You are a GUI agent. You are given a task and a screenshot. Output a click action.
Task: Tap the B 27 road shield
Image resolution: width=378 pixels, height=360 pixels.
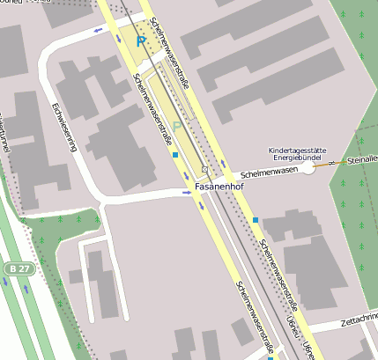14,268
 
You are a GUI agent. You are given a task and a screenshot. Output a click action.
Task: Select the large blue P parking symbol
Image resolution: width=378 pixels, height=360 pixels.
140,40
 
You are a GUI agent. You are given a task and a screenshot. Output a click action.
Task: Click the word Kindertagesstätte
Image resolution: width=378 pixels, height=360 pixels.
299,151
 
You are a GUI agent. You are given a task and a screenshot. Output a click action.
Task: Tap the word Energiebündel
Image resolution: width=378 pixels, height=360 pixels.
300,160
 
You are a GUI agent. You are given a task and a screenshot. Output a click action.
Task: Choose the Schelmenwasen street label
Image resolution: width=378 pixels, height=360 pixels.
269,173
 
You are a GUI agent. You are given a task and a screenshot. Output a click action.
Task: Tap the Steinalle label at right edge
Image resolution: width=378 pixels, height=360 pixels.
362,160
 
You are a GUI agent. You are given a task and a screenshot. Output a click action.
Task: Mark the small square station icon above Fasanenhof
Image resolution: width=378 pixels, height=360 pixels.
204,169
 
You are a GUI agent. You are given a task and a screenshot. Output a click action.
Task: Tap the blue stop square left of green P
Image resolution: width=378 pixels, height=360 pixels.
175,155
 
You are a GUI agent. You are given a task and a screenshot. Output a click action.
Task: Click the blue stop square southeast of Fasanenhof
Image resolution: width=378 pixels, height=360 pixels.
256,219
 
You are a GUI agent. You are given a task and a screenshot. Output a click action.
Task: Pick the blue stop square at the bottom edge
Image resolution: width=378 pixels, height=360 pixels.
270,358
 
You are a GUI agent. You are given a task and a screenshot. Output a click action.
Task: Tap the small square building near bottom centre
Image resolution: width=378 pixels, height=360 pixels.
241,331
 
